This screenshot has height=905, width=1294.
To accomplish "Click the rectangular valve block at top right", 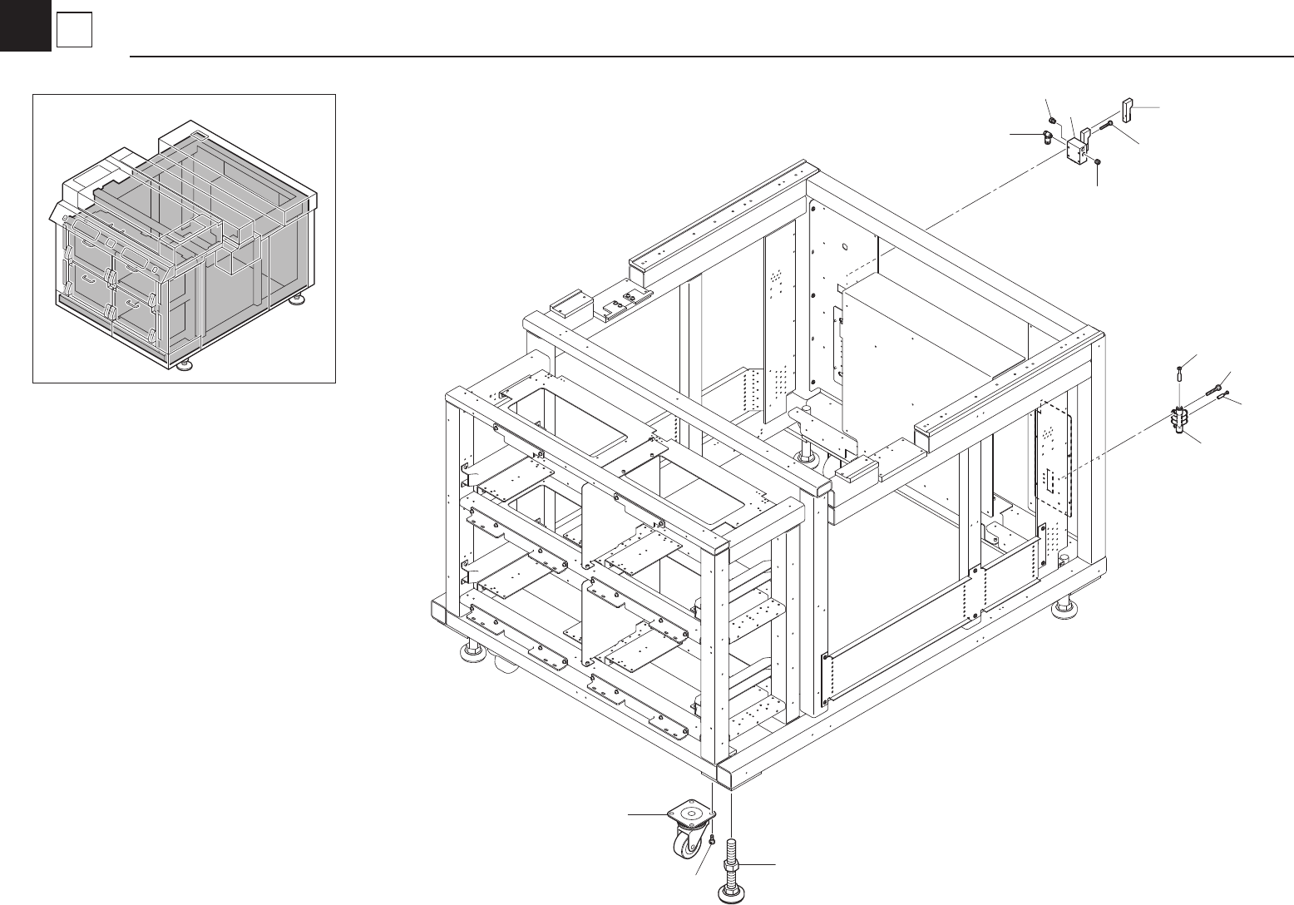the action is point(1077,151).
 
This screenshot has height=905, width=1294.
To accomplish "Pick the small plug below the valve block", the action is point(1099,161).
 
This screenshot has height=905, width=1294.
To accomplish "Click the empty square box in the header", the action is point(73,31).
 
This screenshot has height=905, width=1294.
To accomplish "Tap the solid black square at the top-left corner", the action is point(25,25).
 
